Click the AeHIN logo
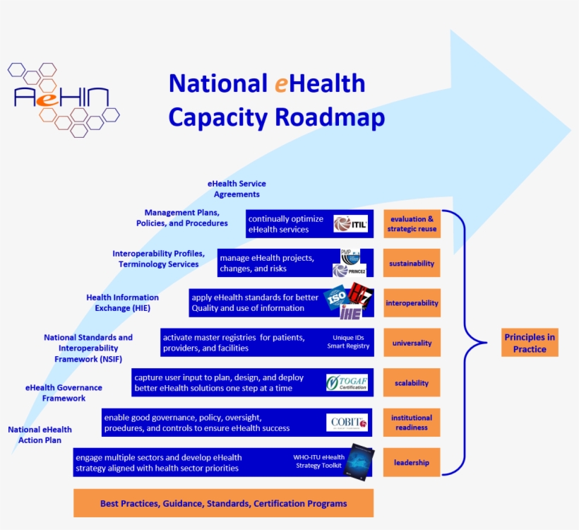(x=62, y=99)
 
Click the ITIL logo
(x=350, y=224)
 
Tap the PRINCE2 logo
(x=350, y=270)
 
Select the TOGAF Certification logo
(x=347, y=382)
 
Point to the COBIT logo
(x=347, y=423)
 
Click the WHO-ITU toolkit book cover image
(x=359, y=461)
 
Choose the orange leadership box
(x=412, y=463)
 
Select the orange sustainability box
(x=412, y=264)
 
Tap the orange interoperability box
(x=412, y=303)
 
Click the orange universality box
(x=412, y=343)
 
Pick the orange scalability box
(x=412, y=383)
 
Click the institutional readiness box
(x=412, y=423)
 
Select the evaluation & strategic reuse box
(x=412, y=224)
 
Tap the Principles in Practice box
(x=530, y=343)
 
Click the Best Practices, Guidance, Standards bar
(x=223, y=503)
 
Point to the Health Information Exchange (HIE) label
(x=122, y=303)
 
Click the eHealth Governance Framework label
(x=64, y=393)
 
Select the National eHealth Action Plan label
(x=40, y=435)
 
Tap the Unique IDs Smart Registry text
(x=348, y=342)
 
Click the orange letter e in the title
(x=280, y=84)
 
